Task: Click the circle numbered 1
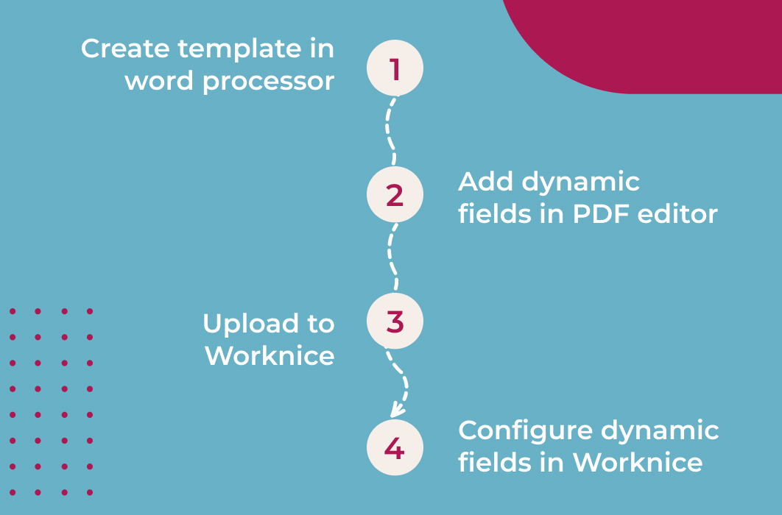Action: tap(395, 68)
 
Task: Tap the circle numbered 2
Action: tap(395, 195)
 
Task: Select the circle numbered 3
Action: tap(395, 322)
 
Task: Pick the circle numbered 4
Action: tap(395, 448)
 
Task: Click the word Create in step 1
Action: tap(126, 49)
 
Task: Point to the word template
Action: tap(239, 49)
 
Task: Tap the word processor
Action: tap(268, 81)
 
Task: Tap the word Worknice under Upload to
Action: tap(270, 355)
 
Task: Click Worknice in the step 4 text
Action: tap(638, 462)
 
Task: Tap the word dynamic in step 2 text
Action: tap(581, 182)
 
